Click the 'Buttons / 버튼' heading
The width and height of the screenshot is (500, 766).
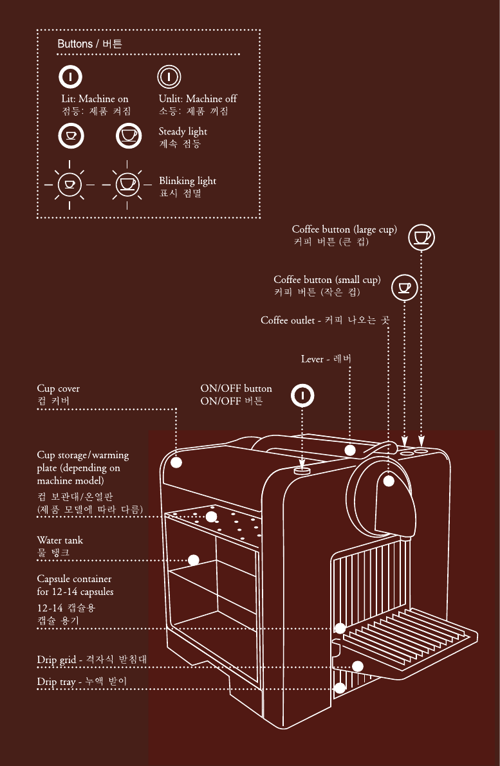90,44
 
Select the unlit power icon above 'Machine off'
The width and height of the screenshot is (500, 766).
167,77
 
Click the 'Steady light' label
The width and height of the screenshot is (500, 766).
183,131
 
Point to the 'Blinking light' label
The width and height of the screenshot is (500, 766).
187,181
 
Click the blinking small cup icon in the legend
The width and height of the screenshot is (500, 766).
69,185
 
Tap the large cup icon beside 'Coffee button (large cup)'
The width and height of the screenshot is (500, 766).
421,236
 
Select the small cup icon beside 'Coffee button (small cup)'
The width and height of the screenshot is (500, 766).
405,286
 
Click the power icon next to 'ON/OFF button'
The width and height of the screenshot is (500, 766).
302,395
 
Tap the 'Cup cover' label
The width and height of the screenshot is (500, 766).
59,388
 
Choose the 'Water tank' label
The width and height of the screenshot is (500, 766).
60,540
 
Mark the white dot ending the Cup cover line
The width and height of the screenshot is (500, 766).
177,462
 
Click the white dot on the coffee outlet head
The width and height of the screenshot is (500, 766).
389,480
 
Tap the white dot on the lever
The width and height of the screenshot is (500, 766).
350,450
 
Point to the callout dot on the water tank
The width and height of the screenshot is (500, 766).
193,560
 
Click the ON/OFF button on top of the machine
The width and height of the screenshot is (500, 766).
302,471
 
